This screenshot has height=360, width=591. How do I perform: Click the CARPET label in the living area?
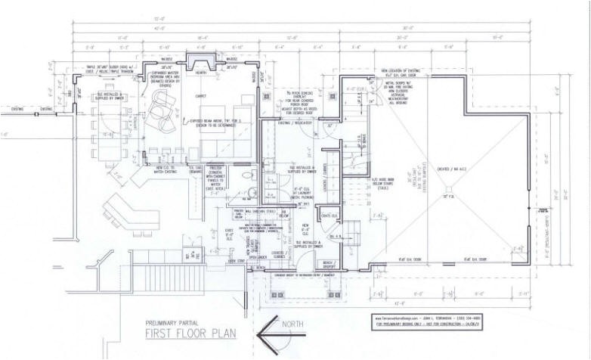tap(201, 96)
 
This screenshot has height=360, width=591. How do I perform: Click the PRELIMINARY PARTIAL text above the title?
tap(178, 318)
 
